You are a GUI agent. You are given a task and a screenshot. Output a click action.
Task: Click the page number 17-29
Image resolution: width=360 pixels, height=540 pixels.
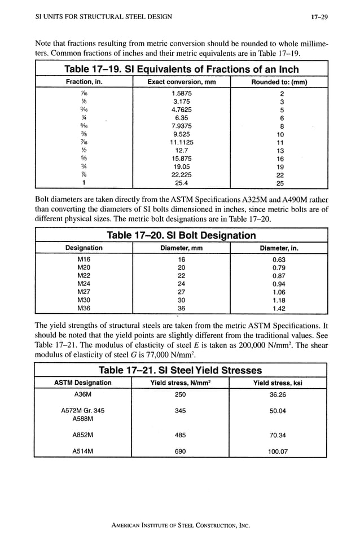(x=319, y=17)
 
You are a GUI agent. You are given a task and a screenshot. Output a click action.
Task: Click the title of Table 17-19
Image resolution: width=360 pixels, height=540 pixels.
(x=181, y=70)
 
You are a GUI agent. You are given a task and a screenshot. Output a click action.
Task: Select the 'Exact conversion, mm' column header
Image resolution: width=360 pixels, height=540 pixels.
(x=181, y=82)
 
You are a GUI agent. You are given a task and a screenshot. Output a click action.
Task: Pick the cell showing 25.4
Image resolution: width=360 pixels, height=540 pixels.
(x=181, y=183)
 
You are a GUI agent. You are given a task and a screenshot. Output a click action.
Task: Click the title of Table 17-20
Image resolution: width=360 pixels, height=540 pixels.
(x=181, y=235)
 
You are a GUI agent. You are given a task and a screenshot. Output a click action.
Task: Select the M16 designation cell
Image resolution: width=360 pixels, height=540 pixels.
(x=84, y=259)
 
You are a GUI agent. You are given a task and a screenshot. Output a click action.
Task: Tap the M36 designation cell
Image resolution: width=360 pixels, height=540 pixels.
(x=84, y=308)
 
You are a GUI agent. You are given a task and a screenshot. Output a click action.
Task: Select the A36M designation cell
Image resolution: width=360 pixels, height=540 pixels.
(x=83, y=395)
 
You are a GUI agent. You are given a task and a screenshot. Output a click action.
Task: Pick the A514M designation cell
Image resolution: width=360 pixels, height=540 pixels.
(x=83, y=451)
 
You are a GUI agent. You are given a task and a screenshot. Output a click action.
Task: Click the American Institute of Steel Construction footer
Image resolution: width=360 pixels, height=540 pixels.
(x=180, y=525)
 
